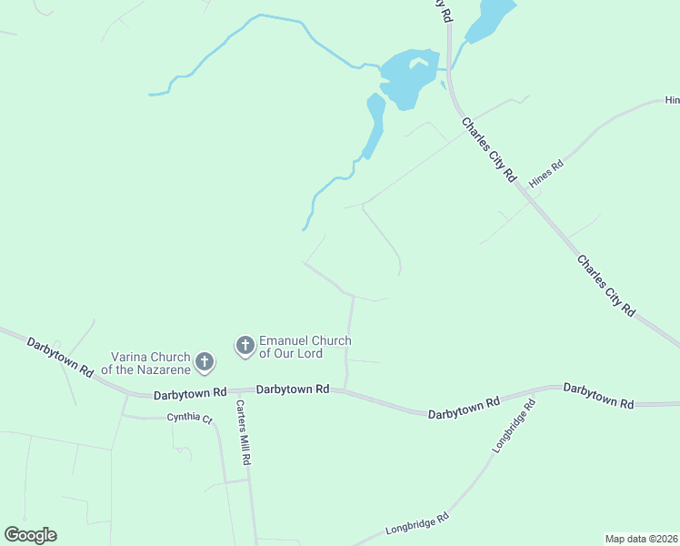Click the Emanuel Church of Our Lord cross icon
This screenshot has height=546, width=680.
pyautogui.click(x=245, y=345)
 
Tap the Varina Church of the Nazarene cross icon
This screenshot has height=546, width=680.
pyautogui.click(x=205, y=362)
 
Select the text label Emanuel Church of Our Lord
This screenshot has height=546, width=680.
pyautogui.click(x=305, y=347)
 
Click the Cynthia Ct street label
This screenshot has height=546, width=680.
pyautogui.click(x=189, y=419)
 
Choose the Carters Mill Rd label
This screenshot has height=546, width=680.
pyautogui.click(x=243, y=433)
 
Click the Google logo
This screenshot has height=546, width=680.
pyautogui.click(x=31, y=535)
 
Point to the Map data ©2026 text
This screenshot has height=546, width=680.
pyautogui.click(x=642, y=539)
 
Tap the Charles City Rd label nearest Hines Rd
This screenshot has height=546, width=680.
pyautogui.click(x=488, y=150)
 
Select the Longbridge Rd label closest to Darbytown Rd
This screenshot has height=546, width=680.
pyautogui.click(x=515, y=426)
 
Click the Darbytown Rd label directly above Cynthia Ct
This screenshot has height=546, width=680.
pyautogui.click(x=190, y=393)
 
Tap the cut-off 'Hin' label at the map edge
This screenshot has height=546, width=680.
pyautogui.click(x=672, y=100)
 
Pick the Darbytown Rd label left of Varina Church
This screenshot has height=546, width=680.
pyautogui.click(x=60, y=357)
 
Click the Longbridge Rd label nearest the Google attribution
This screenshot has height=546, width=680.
pyautogui.click(x=417, y=522)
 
